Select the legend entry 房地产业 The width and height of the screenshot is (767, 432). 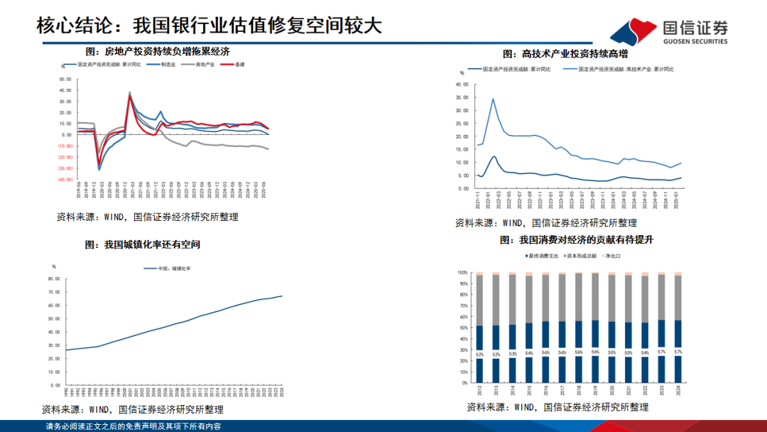[x=199, y=65]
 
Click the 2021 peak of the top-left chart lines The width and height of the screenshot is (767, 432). [x=129, y=93]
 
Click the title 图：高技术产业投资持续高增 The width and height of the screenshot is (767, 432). [x=565, y=53]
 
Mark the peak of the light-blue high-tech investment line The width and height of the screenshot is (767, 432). [x=493, y=99]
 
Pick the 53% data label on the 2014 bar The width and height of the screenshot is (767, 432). [x=511, y=354]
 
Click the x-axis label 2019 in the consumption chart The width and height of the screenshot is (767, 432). [x=594, y=391]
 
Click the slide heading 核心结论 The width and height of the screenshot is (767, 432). [x=78, y=26]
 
